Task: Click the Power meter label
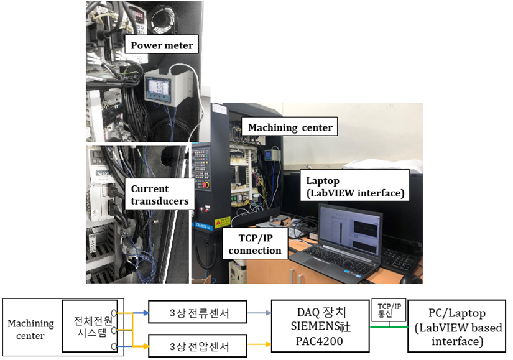pyautogui.click(x=162, y=45)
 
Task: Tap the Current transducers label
pyautogui.click(x=160, y=195)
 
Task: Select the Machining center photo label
pyautogui.click(x=290, y=127)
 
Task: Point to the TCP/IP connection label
pyautogui.click(x=255, y=244)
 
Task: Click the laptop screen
pyautogui.click(x=350, y=232)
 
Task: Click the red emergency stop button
pyautogui.click(x=206, y=185)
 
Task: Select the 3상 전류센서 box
pyautogui.click(x=198, y=312)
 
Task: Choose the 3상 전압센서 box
pyautogui.click(x=198, y=346)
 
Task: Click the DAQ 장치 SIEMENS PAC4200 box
pyautogui.click(x=320, y=326)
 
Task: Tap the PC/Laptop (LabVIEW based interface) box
pyautogui.click(x=457, y=326)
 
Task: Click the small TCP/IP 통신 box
pyautogui.click(x=389, y=310)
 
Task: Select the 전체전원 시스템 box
pyautogui.click(x=90, y=326)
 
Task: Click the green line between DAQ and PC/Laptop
pyautogui.click(x=389, y=326)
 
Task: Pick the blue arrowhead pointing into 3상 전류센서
pyautogui.click(x=146, y=313)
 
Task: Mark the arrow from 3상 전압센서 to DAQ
pyautogui.click(x=259, y=344)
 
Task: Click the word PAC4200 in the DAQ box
pyautogui.click(x=320, y=341)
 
